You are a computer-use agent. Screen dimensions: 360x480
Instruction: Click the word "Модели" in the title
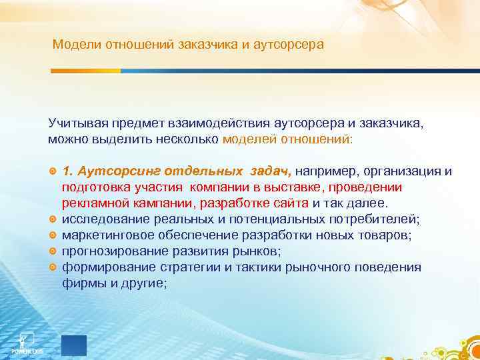74,45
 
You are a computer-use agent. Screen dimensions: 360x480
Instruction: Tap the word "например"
325,171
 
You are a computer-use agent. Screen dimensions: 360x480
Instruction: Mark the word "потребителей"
377,219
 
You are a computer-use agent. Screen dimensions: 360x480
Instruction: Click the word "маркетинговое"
106,235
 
